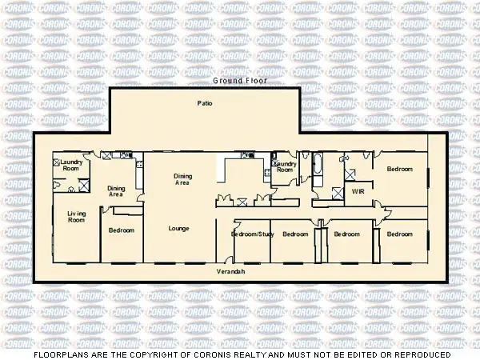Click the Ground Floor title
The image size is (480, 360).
click(x=239, y=82)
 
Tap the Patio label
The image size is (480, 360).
click(x=204, y=103)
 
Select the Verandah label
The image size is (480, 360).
click(x=230, y=272)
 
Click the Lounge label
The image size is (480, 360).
click(x=178, y=229)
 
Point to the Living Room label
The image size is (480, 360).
click(x=76, y=216)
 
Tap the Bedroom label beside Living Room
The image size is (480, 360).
click(x=122, y=230)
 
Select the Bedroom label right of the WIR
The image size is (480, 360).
click(x=399, y=169)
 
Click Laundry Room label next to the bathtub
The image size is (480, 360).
click(x=286, y=166)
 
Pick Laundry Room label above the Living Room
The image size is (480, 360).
click(x=70, y=166)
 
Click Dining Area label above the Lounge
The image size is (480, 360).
click(x=182, y=179)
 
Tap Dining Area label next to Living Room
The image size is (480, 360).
click(x=116, y=191)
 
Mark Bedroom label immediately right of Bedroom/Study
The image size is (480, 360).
click(x=295, y=234)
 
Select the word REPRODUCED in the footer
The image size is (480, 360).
click(x=422, y=354)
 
